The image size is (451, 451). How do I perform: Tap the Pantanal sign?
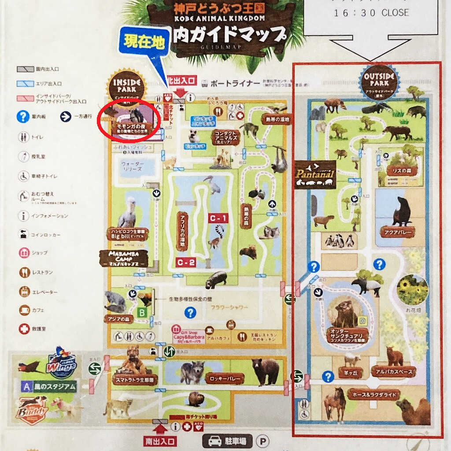(x=315, y=175)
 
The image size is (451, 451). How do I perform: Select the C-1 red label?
(x=218, y=218)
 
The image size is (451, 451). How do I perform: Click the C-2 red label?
(x=186, y=262)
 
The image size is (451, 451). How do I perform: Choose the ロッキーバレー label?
(x=225, y=378)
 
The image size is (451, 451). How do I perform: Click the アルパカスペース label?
(x=394, y=372)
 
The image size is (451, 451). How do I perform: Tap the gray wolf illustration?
(x=192, y=371)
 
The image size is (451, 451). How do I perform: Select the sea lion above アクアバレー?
(x=402, y=212)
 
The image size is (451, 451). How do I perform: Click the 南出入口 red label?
(x=159, y=441)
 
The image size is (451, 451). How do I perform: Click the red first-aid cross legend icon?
(x=23, y=329)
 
